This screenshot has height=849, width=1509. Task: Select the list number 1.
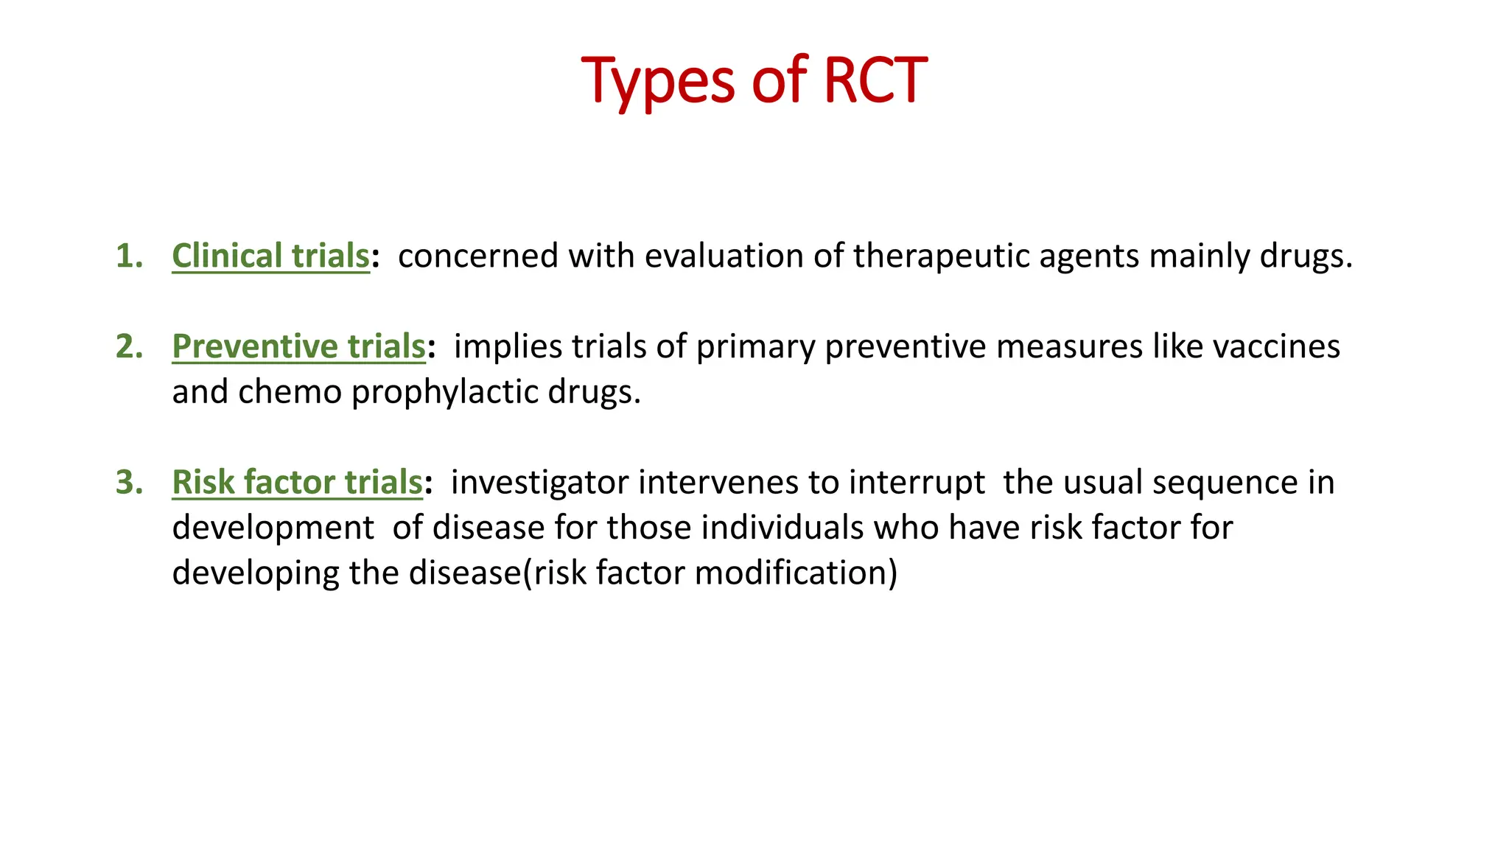point(129,256)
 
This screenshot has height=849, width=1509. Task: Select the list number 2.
point(129,346)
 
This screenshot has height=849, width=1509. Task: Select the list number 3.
point(129,483)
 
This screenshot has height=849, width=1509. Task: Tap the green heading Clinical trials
point(270,256)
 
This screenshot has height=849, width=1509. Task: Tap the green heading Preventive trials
point(298,346)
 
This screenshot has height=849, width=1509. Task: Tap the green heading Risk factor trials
point(297,483)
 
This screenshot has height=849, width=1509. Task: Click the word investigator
point(540,483)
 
